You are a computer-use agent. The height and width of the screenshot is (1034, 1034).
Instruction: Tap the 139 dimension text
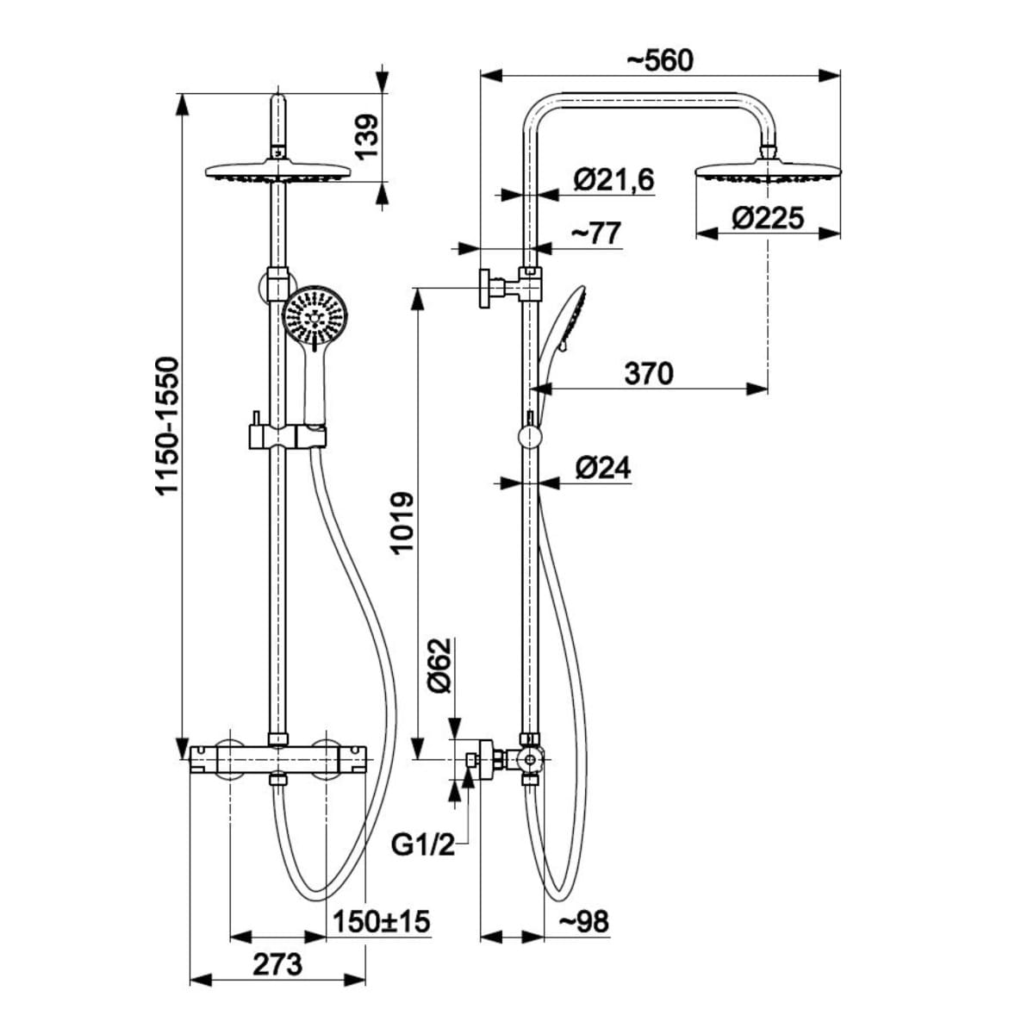coord(367,136)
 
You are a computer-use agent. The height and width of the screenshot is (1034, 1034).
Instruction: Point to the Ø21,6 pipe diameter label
coord(614,179)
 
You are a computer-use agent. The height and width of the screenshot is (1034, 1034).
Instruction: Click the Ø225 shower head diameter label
coord(768,218)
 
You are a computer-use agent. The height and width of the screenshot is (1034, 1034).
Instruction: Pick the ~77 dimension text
coord(595,234)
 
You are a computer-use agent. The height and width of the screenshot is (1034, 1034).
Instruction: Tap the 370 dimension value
coord(648,373)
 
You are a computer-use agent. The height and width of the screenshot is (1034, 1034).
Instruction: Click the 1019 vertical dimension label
coord(402,522)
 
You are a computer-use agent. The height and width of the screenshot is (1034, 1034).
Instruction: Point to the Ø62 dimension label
coord(442,666)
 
